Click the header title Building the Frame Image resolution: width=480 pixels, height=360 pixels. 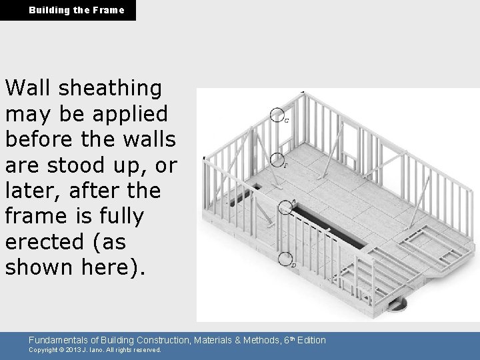(76, 10)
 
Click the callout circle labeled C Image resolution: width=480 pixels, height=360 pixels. (278, 115)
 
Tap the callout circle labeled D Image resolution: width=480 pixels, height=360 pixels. (285, 259)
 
